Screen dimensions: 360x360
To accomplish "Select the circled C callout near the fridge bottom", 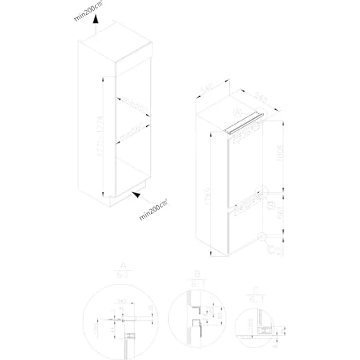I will coord(270,249).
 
